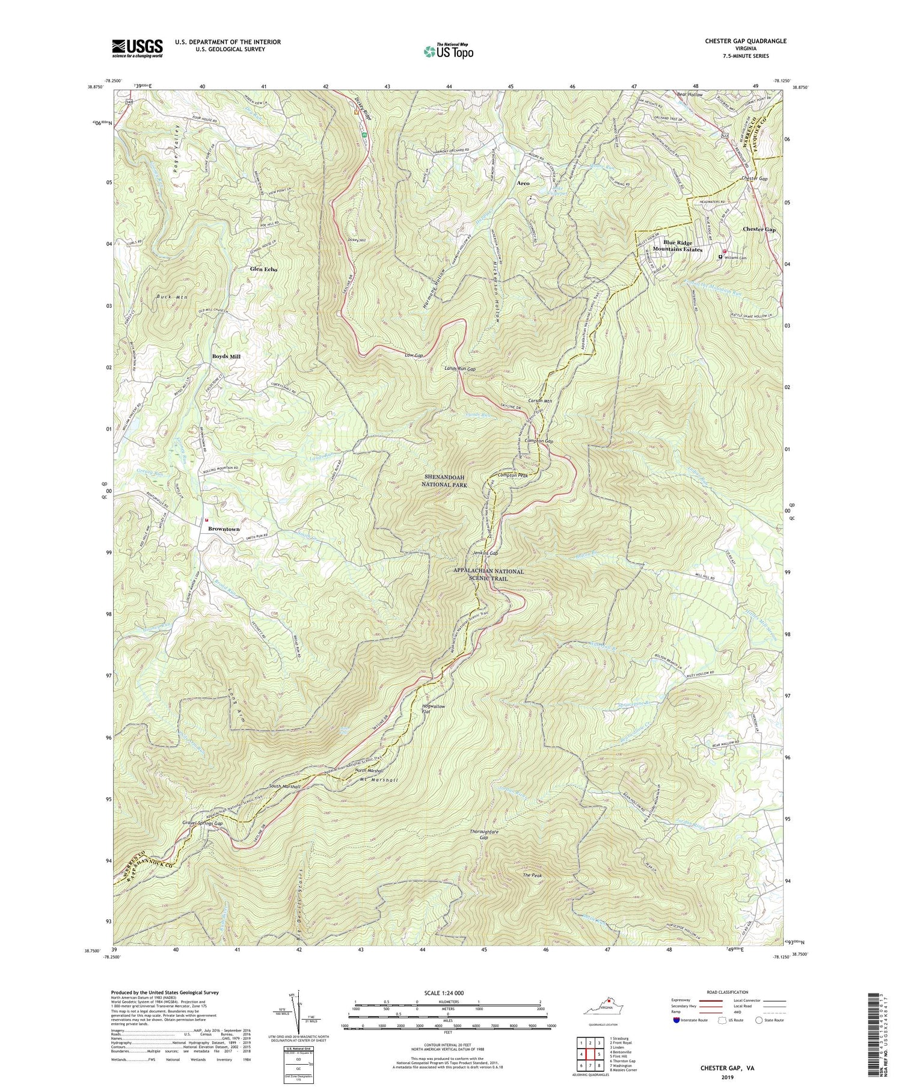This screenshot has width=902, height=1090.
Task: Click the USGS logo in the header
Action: coord(137,47)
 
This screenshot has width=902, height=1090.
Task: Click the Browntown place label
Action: coord(224,528)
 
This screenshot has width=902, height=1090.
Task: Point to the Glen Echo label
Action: coord(263,269)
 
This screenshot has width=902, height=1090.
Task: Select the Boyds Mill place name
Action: coord(226,357)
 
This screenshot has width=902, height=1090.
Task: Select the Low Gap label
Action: coord(413,355)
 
